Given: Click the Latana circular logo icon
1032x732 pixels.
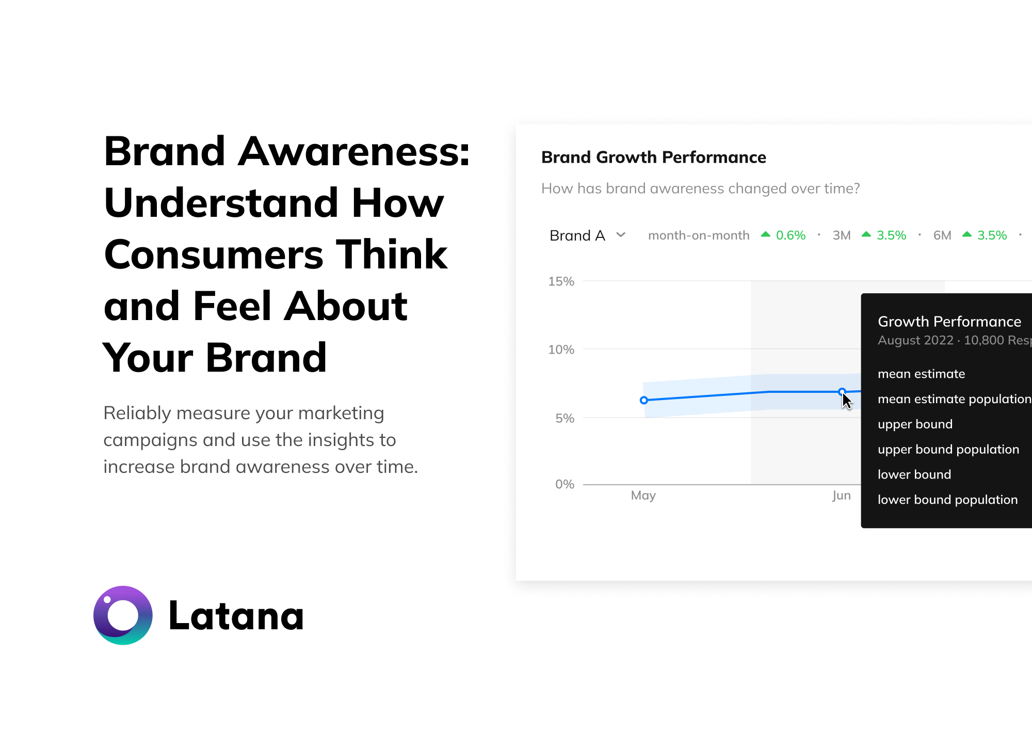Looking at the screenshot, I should click(x=123, y=615).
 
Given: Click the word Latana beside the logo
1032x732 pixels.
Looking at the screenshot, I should click(x=236, y=616).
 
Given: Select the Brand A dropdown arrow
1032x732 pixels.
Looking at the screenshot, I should click(x=621, y=235).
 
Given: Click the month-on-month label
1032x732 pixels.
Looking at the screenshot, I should click(x=698, y=235).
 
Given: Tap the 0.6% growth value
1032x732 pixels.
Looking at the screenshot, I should click(x=790, y=235).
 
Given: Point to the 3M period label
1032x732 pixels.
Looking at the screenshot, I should click(x=841, y=235).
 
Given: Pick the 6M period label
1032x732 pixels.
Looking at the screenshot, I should click(x=942, y=235).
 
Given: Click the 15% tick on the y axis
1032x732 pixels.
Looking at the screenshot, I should click(x=561, y=281).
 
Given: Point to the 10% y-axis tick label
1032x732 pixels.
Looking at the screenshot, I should click(x=561, y=349).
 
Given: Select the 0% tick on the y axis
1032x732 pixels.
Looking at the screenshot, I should click(x=565, y=484).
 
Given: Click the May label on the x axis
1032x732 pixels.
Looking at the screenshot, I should click(x=643, y=496).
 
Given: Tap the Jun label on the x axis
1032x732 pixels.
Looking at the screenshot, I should click(x=841, y=496).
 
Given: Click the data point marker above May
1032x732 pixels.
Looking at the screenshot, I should click(x=644, y=400).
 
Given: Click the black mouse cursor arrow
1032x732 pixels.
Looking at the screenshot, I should click(x=846, y=401).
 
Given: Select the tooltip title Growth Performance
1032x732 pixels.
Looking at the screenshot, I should click(x=949, y=322).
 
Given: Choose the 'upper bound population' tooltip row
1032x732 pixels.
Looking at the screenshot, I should click(x=948, y=449).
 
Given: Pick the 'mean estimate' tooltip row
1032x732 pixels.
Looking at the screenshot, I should click(x=921, y=374).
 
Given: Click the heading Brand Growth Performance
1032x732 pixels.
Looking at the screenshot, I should click(x=653, y=157).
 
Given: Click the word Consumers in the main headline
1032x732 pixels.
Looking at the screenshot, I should click(x=213, y=254).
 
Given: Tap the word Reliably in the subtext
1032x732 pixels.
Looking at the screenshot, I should click(x=137, y=413).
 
